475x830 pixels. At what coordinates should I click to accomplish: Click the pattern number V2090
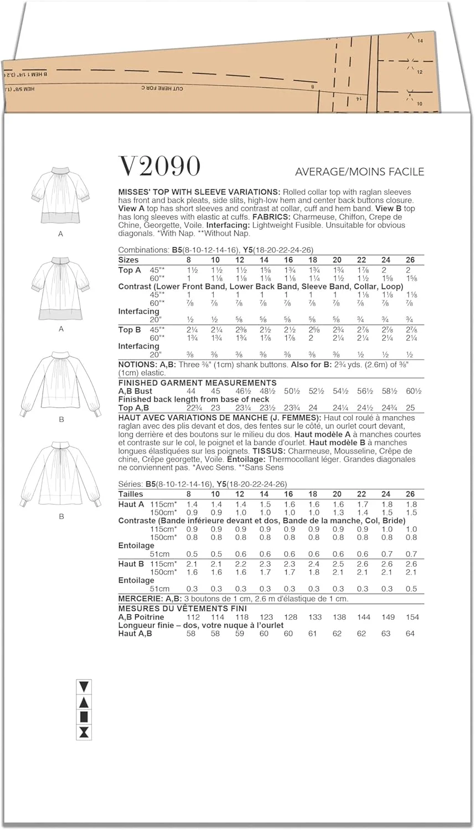coord(159,166)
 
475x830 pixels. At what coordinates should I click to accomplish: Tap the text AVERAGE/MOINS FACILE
coord(359,172)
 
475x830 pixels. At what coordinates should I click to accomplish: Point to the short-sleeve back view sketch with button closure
coord(61,289)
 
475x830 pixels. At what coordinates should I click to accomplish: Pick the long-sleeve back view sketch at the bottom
coord(61,476)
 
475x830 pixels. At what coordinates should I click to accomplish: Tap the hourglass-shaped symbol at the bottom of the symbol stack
coord(84,733)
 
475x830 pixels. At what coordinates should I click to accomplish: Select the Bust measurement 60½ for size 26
coord(410,391)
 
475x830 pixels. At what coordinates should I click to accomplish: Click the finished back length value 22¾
coord(191,408)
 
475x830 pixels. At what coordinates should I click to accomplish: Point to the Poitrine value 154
coord(412,617)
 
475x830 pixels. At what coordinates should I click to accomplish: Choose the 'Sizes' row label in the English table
coord(128,260)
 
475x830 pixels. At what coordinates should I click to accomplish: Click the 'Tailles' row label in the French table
coord(131,494)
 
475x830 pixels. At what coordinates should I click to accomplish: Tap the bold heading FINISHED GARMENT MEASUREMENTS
coord(198,383)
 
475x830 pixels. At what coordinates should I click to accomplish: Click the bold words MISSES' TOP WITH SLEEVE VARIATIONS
coord(198,192)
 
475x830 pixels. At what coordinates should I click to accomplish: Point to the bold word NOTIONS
coord(137,365)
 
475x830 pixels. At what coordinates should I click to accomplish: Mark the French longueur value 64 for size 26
coord(410,634)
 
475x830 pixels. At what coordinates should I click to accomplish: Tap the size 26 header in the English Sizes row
coord(410,260)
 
